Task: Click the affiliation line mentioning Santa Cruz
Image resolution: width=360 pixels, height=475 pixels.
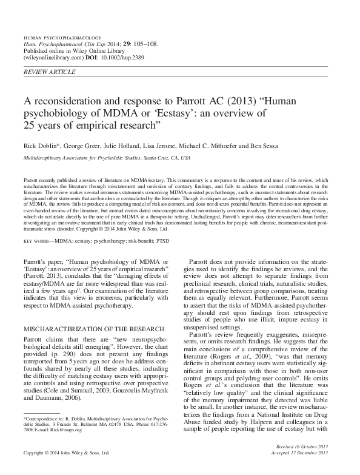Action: pyautogui.click(x=107, y=158)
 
